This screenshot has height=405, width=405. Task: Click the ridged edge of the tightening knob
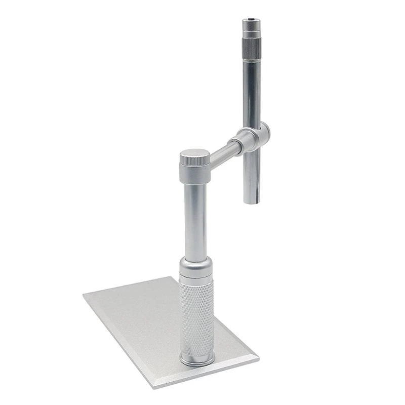(194, 160)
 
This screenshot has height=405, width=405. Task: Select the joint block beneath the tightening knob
(195, 174)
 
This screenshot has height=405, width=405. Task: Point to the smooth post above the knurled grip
(195, 220)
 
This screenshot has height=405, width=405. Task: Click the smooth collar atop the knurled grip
(196, 267)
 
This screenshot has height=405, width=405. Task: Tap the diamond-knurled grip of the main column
(196, 314)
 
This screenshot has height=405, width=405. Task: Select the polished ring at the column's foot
(197, 359)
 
